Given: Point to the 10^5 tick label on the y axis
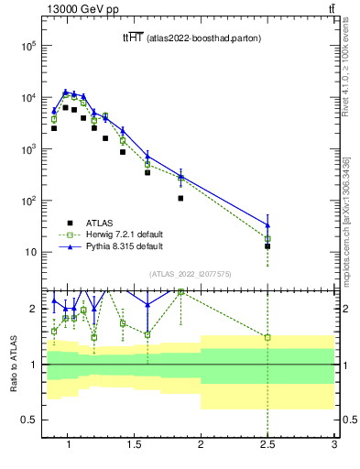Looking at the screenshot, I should [27, 46].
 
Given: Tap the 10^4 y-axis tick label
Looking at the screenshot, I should [27, 97].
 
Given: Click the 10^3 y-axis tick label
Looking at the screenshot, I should [27, 148].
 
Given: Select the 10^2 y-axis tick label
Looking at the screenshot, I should [27, 201].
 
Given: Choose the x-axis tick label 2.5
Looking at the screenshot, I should [267, 446].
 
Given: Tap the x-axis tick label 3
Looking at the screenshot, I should [334, 446].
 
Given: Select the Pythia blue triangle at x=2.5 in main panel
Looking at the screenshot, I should [267, 225].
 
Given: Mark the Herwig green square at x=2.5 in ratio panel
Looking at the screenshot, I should [267, 337].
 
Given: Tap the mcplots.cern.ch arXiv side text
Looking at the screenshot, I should [346, 220].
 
